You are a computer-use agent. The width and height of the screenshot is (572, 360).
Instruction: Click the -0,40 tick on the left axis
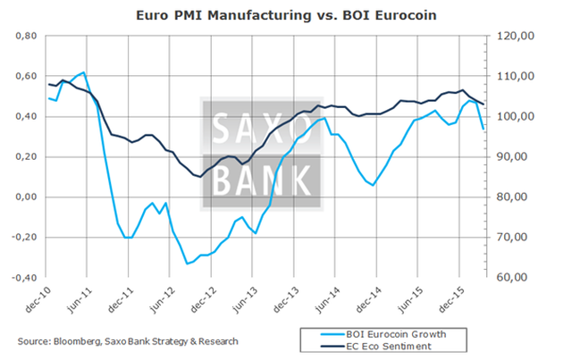22,278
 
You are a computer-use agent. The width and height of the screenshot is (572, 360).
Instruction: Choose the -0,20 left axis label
22,238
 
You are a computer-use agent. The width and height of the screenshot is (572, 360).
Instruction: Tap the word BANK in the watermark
259,178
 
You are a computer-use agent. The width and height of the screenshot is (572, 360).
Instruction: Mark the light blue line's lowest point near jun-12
188,264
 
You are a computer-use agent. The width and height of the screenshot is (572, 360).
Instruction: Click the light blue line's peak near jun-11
84,72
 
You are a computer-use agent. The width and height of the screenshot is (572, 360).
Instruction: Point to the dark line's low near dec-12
198,176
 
